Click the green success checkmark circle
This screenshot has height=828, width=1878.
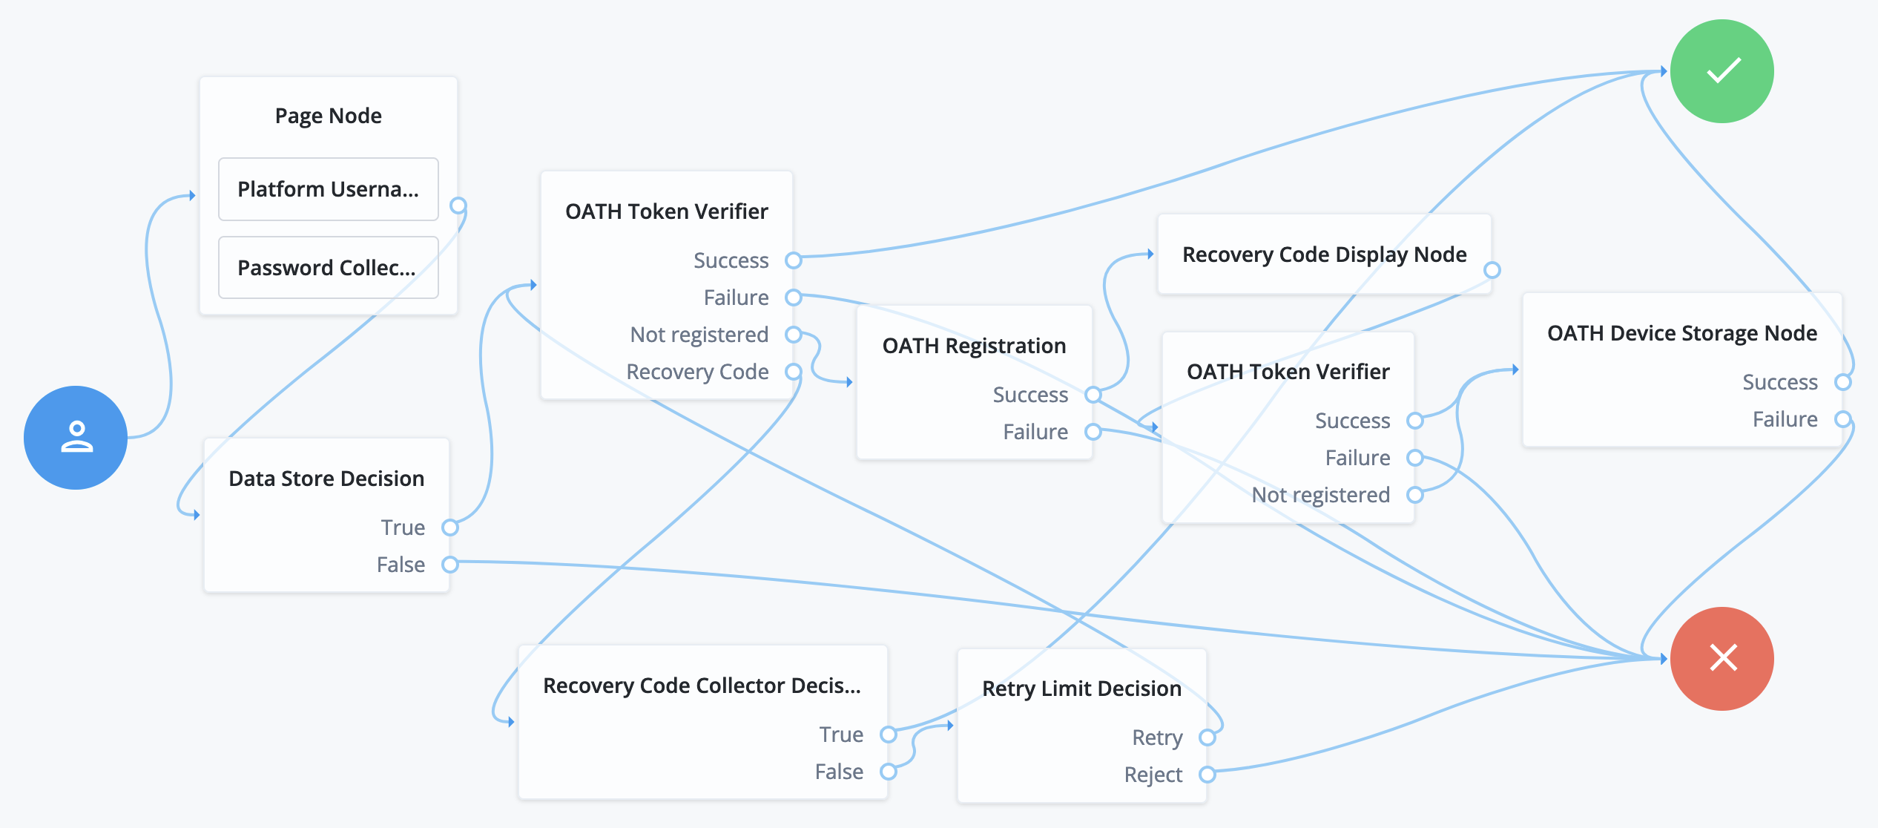pos(1722,71)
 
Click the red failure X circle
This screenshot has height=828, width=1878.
pos(1722,658)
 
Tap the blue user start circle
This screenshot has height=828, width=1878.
pos(76,437)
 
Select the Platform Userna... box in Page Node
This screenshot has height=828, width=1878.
pos(328,189)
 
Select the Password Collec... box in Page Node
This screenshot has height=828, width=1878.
pos(328,268)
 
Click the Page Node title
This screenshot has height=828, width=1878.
pos(328,116)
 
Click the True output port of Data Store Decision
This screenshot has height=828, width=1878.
pos(449,528)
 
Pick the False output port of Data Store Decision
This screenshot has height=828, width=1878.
pos(449,565)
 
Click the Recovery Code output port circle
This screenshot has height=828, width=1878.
pos(794,372)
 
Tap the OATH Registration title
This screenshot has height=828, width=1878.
pos(974,346)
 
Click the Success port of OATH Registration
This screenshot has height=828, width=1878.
pos(1093,395)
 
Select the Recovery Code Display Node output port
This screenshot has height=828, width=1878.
pos(1492,270)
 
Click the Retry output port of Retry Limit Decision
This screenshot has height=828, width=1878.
pos(1207,737)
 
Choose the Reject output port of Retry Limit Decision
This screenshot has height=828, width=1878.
pos(1207,775)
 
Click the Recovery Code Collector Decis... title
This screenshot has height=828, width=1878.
pos(702,686)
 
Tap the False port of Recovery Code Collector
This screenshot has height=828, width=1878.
pos(888,772)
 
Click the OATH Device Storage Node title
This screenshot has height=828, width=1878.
pos(1681,333)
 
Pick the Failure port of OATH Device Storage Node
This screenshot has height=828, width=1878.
pos(1842,419)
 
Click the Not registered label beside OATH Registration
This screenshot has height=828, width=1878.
pos(699,335)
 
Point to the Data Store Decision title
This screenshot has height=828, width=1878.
pos(326,479)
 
